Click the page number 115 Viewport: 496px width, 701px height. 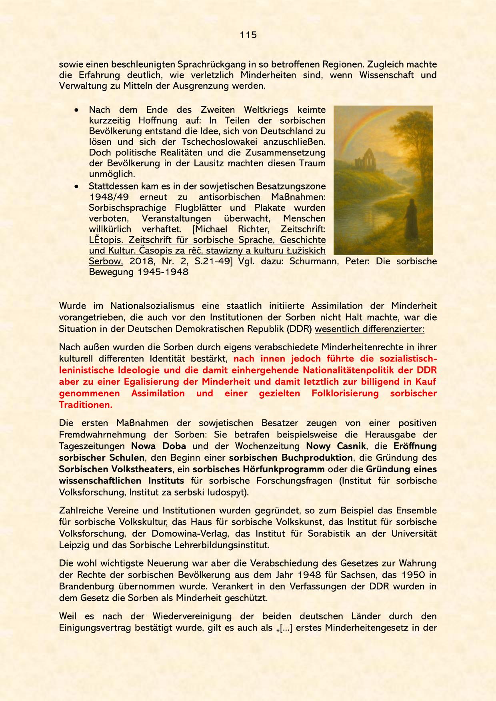pos(248,35)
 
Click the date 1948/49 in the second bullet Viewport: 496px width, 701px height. pos(106,197)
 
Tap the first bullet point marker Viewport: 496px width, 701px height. pos(76,110)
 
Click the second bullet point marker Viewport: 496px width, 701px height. pos(76,186)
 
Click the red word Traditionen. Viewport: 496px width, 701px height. pos(86,404)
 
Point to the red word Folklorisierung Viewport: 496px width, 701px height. pos(345,393)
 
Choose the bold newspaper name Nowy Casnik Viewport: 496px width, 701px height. pos(336,446)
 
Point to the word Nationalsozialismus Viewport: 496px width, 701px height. pos(152,306)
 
